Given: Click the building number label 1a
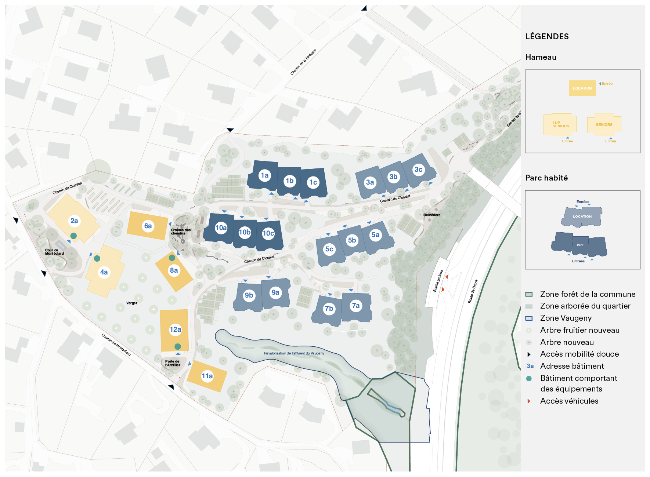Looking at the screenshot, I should [264, 175].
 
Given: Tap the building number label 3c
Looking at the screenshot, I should [418, 170].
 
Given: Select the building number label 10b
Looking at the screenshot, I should [245, 232].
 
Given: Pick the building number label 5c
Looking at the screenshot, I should [329, 249].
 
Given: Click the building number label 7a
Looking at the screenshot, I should [355, 306].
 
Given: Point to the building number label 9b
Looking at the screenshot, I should [249, 295].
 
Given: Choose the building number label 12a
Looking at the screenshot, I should [175, 329].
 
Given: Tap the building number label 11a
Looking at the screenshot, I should [207, 376].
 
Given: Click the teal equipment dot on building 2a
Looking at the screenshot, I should [73, 236].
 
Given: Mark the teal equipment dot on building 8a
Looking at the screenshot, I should [172, 258].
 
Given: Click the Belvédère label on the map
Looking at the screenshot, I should [431, 215].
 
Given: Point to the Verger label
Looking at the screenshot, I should [131, 303].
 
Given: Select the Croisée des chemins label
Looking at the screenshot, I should [181, 232].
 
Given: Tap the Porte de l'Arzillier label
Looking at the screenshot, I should [173, 363].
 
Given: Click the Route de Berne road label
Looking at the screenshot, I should [473, 291].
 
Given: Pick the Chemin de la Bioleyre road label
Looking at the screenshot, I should [303, 62].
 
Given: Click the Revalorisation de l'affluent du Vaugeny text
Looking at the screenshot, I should [294, 353].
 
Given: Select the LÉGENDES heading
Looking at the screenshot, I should [547, 36].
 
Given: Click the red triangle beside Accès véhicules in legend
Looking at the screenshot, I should [529, 401].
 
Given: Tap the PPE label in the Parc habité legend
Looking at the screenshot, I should [580, 245].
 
